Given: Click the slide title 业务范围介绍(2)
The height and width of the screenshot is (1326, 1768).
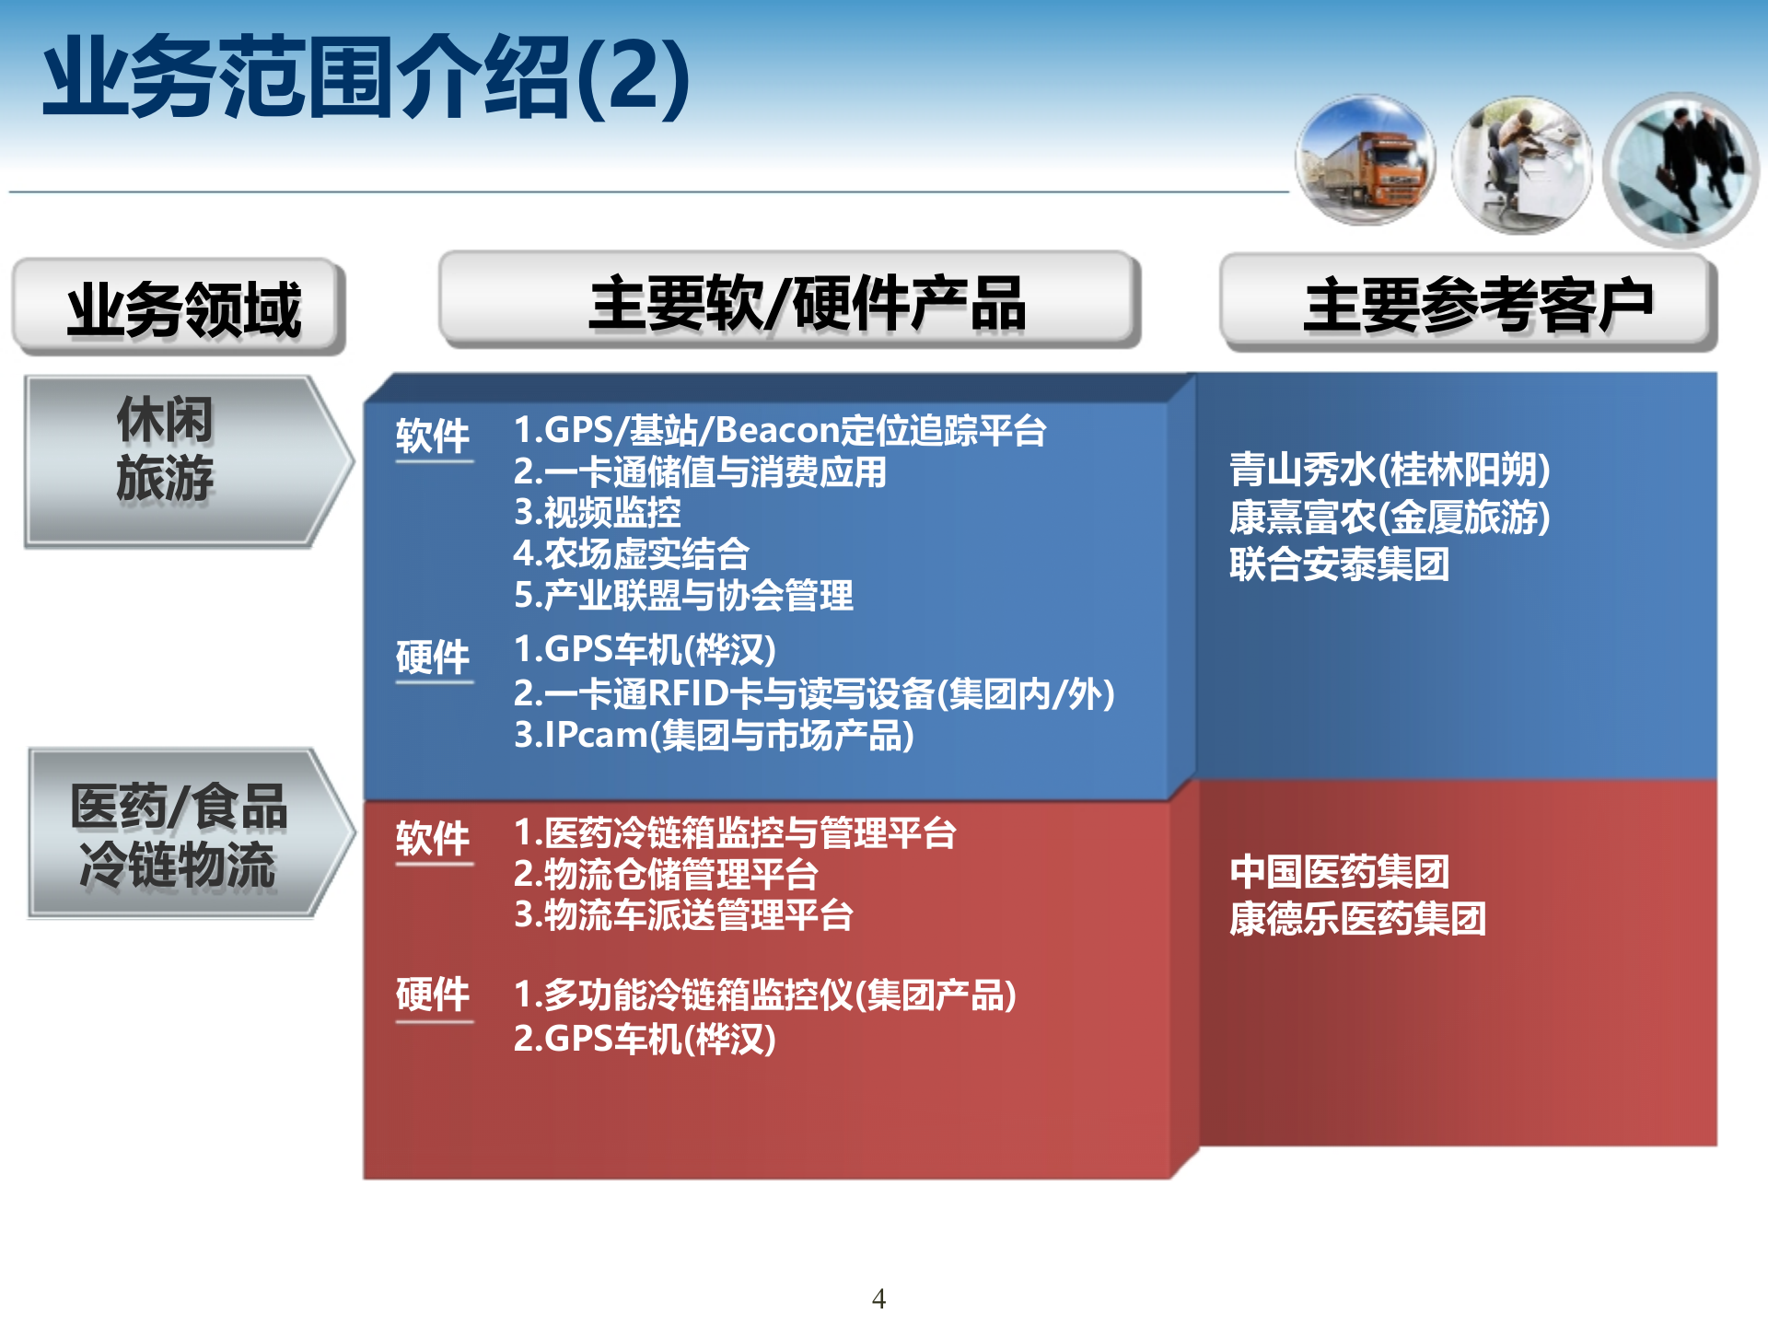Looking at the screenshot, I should (366, 77).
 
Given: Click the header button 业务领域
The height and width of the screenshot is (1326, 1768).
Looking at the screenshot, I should (180, 308).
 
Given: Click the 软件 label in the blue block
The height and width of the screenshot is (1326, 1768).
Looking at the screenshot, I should (433, 436).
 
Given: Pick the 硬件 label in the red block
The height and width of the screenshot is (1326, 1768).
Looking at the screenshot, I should (433, 995).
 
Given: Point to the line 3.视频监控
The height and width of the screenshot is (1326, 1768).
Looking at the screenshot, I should (597, 513).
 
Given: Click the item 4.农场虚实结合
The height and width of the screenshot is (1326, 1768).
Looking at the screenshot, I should (631, 554).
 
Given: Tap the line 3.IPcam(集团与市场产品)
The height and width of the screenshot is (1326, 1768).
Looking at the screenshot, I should (714, 736).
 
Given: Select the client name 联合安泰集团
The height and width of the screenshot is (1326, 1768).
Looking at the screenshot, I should (1340, 564).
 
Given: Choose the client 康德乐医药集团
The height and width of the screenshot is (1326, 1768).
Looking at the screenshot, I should (1358, 919).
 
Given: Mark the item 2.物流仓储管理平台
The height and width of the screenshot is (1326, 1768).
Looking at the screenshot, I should (666, 874).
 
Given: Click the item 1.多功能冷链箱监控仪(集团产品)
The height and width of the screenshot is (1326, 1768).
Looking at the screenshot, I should (764, 995).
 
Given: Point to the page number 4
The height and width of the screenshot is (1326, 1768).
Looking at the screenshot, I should (878, 1298).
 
